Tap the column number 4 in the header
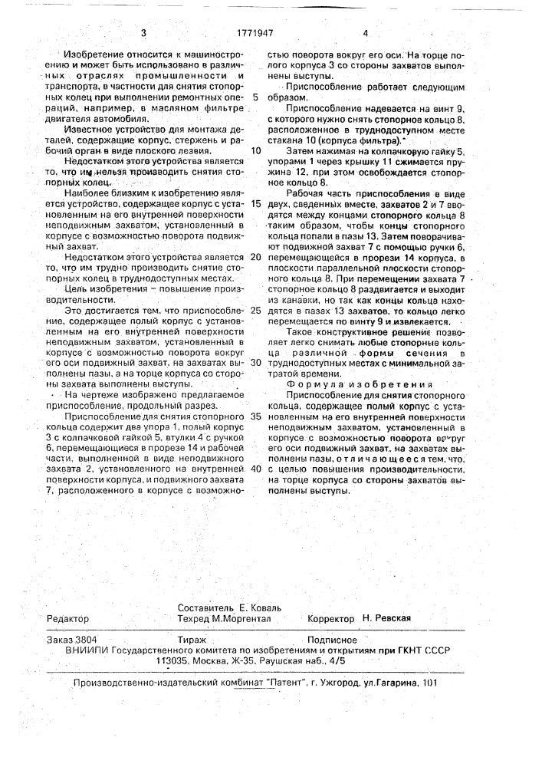[366, 33]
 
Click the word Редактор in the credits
[68, 619]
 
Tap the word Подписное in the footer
[332, 638]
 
